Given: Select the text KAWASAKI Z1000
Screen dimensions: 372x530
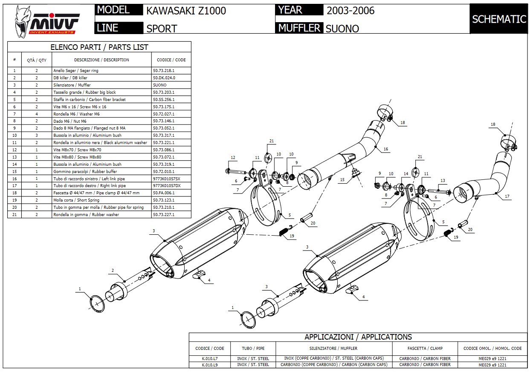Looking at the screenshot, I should [x=186, y=11].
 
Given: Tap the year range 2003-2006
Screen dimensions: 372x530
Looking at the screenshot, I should [x=350, y=11].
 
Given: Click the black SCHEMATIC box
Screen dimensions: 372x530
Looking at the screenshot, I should [x=499, y=19].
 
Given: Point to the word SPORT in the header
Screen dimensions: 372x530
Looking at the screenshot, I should [x=162, y=29].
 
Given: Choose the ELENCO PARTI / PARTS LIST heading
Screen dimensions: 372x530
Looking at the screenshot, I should [x=99, y=47].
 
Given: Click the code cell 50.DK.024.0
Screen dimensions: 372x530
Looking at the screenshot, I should [x=164, y=78].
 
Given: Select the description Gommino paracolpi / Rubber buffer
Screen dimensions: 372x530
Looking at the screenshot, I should [x=79, y=171].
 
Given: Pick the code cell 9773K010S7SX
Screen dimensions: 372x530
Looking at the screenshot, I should [x=166, y=179].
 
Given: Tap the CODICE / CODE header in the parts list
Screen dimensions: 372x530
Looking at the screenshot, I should [x=171, y=60].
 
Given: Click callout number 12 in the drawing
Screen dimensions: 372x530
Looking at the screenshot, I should [x=233, y=158].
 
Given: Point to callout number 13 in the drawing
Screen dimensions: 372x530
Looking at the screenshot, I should [x=443, y=181].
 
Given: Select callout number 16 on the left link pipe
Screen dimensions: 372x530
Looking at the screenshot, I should [x=385, y=149].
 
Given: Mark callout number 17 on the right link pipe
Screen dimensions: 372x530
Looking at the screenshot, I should [x=507, y=197].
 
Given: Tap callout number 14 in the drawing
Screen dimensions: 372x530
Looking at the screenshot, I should [x=406, y=174].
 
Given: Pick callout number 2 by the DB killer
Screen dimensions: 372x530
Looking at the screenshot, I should [x=113, y=271].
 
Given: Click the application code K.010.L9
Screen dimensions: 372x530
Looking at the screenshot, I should [x=209, y=365].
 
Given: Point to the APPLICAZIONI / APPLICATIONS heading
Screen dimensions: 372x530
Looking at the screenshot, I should [x=358, y=337].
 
